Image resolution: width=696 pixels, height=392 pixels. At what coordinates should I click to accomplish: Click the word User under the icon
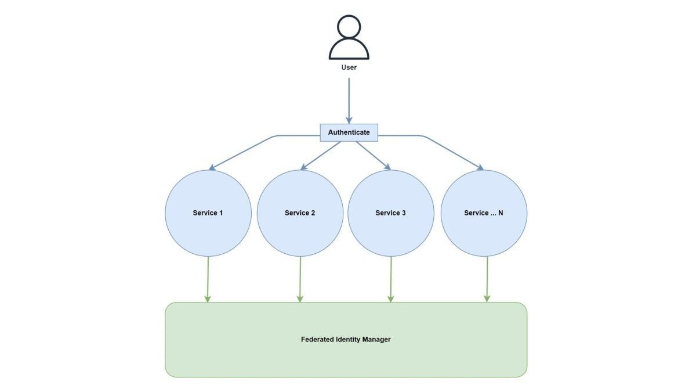click(349, 67)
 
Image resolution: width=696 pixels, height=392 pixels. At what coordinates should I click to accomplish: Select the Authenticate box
click(349, 132)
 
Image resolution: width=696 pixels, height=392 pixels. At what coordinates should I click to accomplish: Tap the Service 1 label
click(208, 213)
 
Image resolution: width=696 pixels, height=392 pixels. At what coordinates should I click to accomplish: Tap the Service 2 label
click(300, 213)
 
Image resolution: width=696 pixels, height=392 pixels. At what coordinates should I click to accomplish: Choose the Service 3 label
click(390, 213)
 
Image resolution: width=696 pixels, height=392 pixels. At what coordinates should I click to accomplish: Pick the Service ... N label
click(484, 213)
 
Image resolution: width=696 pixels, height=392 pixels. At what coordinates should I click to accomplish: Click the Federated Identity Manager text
click(346, 339)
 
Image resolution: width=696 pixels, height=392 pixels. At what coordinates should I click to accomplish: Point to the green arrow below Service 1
click(208, 279)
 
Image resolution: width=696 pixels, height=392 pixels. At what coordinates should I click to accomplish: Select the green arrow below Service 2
click(300, 279)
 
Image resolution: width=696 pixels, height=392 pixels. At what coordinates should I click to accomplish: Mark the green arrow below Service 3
click(391, 279)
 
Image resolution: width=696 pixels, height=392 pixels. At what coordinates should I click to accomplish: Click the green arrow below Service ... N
click(487, 279)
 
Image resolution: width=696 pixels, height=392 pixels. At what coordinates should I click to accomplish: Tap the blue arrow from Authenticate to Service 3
click(373, 156)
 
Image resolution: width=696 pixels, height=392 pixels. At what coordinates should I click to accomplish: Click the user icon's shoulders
click(349, 51)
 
